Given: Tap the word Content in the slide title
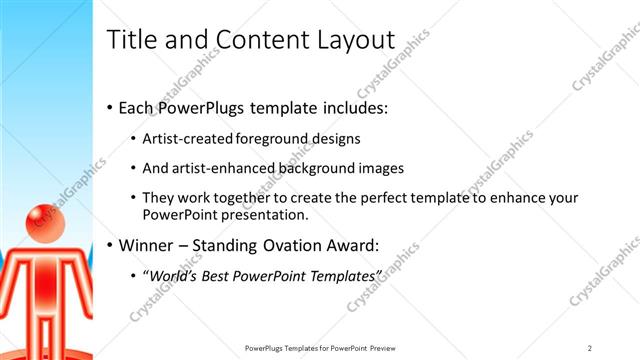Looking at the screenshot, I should (x=263, y=40).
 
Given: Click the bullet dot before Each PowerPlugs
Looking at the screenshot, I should (x=109, y=107).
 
